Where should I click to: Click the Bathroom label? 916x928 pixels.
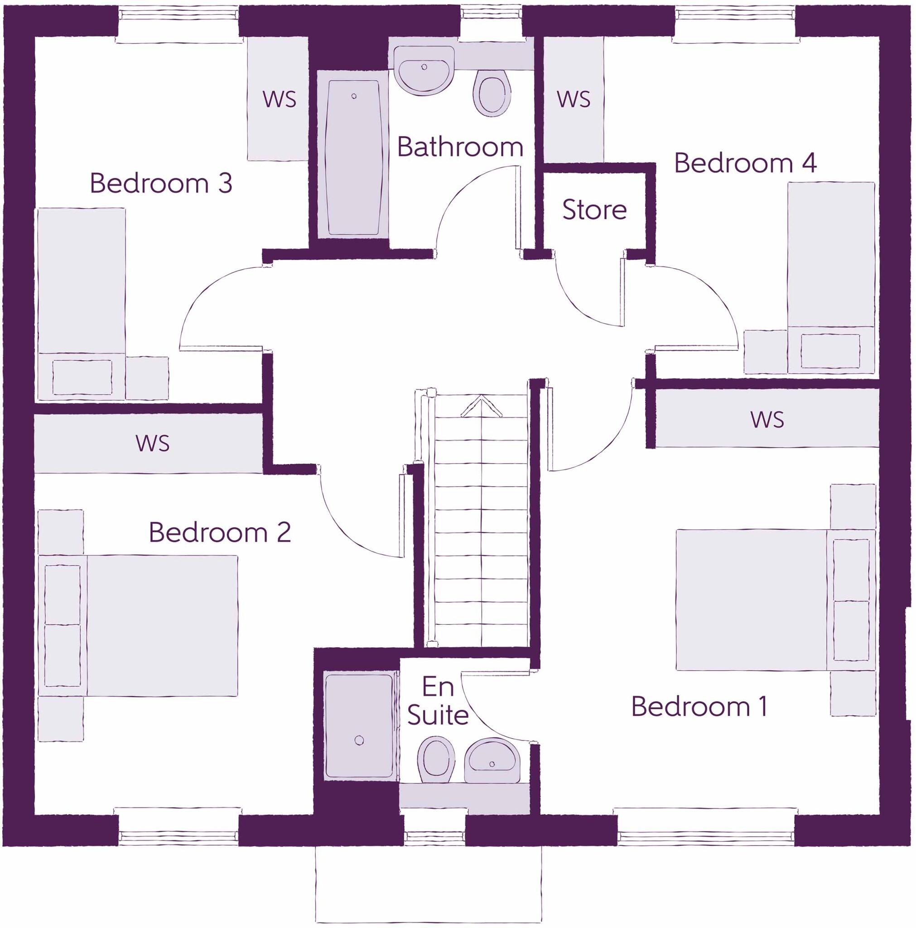460,147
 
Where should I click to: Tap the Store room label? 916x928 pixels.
594,210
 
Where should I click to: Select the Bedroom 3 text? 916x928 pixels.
161,184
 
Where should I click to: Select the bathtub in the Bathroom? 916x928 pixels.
353,159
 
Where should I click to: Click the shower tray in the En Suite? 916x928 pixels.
359,726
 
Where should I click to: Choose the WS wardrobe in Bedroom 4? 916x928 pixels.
573,100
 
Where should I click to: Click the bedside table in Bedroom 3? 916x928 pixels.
147,378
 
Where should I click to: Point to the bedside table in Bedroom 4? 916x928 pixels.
765,352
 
